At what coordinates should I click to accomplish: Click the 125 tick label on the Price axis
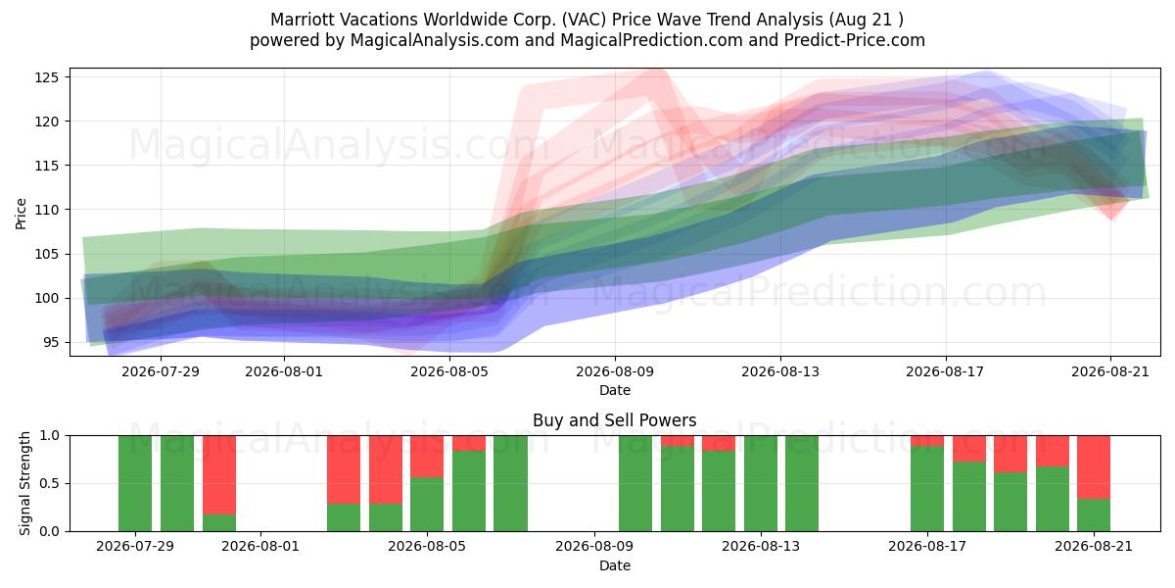pos(46,77)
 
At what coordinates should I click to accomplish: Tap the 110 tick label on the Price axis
pos(46,210)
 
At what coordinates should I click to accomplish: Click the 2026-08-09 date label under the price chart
pos(615,371)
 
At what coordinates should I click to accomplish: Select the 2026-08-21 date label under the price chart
pos(1110,371)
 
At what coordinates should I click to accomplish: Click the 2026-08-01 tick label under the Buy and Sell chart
pos(260,547)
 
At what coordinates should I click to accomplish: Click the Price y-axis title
pos(21,214)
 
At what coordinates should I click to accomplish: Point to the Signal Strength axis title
pos(24,483)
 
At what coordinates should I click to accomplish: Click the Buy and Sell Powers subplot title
pos(614,420)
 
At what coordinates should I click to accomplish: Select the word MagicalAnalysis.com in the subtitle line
pos(435,40)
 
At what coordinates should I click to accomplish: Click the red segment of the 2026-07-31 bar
pos(219,475)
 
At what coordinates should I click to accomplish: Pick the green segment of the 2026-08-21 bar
pos(1094,515)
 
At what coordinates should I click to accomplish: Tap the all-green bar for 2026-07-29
pos(135,483)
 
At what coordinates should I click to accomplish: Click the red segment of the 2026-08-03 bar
pos(344,469)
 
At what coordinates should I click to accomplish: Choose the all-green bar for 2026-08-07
pos(510,483)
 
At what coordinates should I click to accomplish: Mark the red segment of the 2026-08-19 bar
pos(1010,454)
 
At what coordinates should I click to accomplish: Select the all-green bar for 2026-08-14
pos(802,483)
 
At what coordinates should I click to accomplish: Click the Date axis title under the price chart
pos(615,391)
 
